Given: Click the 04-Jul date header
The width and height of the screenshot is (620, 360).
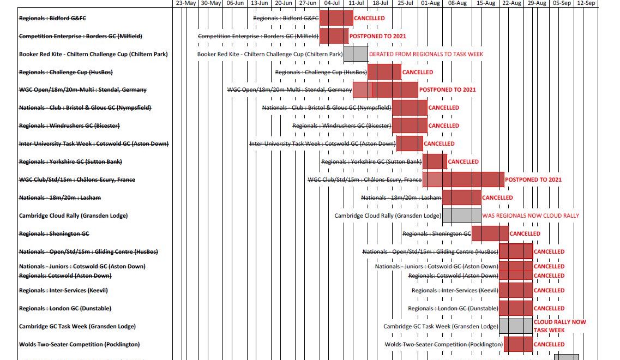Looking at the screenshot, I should pyautogui.click(x=332, y=3).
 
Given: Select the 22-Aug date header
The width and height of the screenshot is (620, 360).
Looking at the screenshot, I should pyautogui.click(x=511, y=3).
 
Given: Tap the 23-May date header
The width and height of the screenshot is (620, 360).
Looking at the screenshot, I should pyautogui.click(x=186, y=3).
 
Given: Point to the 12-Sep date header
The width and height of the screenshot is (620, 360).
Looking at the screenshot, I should pyautogui.click(x=586, y=3).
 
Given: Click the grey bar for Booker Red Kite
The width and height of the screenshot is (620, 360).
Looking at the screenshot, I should pyautogui.click(x=356, y=54).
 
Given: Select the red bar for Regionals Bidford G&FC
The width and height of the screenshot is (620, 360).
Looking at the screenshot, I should pyautogui.click(x=336, y=18).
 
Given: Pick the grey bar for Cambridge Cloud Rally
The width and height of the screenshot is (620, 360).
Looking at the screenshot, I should pyautogui.click(x=461, y=215).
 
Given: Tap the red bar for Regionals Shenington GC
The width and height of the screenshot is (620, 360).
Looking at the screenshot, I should pyautogui.click(x=490, y=233).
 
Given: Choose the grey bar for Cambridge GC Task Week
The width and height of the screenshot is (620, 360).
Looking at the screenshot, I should pyautogui.click(x=515, y=326).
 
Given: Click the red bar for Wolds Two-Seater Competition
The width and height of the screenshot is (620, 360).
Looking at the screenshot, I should pyautogui.click(x=518, y=344).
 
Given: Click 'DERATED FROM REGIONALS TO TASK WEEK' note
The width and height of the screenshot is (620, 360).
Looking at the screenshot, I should pyautogui.click(x=426, y=54).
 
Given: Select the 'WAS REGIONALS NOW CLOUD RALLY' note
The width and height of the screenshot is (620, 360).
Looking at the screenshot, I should pyautogui.click(x=531, y=215).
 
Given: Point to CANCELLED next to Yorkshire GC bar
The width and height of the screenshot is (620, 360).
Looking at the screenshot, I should pyautogui.click(x=463, y=161).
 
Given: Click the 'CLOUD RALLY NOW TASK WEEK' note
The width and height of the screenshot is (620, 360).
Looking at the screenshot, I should pyautogui.click(x=559, y=326).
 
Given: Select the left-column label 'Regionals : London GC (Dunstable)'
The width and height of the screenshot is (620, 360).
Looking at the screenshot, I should pyautogui.click(x=65, y=308).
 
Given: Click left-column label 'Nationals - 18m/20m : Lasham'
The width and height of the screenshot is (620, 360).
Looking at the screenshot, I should pyautogui.click(x=59, y=197).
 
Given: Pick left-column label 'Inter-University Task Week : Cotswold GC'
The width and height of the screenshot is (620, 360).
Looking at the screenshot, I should pyautogui.click(x=94, y=143).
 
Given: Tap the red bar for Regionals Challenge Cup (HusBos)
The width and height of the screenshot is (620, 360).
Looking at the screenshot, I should pyautogui.click(x=384, y=72).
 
